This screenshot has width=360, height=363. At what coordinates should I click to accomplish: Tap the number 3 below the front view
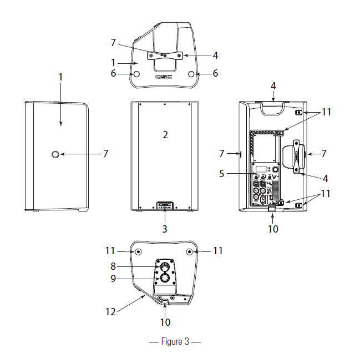point(164,228)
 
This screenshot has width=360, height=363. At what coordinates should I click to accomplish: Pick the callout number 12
point(111,311)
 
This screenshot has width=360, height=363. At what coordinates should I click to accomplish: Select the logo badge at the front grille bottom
point(164,206)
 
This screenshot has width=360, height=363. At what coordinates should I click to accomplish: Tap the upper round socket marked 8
point(165,266)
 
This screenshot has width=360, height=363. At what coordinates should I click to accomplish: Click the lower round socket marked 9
point(165,279)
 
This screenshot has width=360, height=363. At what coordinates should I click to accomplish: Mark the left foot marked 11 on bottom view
point(137,252)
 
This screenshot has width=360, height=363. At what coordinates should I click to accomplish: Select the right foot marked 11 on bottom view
point(190,252)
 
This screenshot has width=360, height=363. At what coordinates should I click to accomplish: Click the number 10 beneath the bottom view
point(165,321)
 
